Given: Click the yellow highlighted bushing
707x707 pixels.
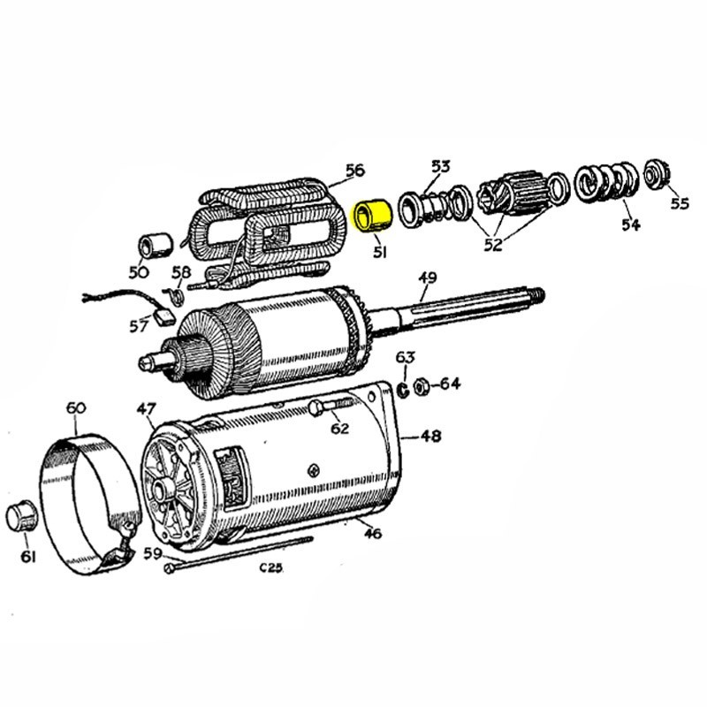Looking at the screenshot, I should [372, 216].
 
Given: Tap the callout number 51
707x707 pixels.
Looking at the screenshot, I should [380, 252].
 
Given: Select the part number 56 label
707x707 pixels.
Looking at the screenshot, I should [354, 170].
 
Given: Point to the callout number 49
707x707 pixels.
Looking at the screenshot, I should [427, 277].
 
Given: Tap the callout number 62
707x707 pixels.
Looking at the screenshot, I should [339, 429].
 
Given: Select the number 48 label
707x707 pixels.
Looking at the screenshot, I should [430, 436].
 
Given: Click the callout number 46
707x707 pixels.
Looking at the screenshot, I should [372, 533].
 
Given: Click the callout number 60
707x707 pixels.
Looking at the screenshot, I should [76, 407].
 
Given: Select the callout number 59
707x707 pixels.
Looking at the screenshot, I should [152, 554].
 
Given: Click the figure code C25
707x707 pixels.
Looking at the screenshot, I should [270, 567].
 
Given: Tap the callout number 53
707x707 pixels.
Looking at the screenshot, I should [440, 166].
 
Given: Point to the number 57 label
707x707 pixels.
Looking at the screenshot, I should [139, 326].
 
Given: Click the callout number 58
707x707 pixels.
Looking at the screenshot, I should [181, 271].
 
